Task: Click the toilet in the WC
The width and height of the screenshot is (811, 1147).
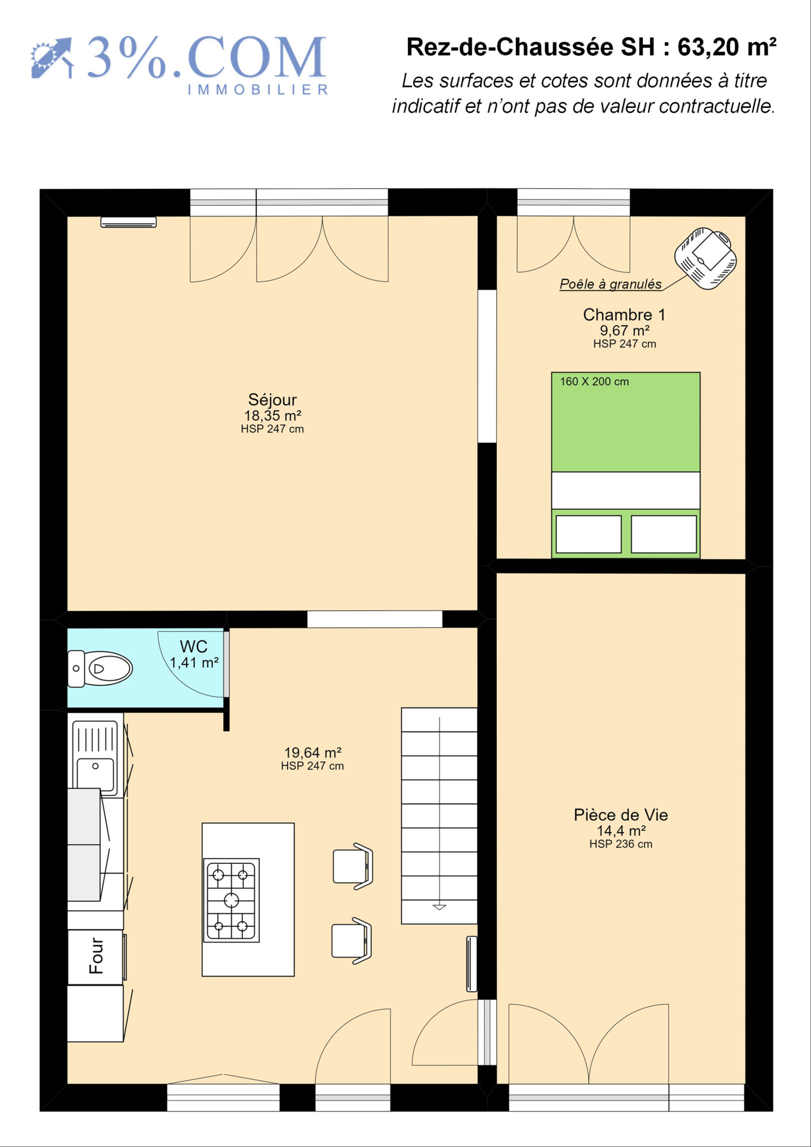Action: (100, 668)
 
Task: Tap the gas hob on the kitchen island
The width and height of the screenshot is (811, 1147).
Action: (231, 900)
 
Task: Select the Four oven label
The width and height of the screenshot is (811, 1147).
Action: (96, 956)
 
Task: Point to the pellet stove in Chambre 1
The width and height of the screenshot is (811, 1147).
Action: (705, 258)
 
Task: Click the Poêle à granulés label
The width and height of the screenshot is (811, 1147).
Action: (611, 284)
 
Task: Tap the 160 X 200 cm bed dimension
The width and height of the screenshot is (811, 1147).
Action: (594, 382)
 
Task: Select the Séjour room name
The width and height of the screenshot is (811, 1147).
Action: (273, 399)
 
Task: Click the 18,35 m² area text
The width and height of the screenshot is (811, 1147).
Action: (273, 416)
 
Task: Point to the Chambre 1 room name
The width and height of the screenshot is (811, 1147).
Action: (624, 314)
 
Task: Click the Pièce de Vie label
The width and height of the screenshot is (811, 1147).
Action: (621, 815)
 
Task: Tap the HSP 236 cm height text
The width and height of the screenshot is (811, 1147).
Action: (621, 844)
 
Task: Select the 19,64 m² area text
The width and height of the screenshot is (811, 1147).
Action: (312, 752)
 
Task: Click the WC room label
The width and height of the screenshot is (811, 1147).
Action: (194, 646)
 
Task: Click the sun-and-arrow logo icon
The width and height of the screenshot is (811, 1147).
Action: (52, 58)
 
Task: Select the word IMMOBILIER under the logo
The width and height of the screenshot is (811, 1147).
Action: (258, 90)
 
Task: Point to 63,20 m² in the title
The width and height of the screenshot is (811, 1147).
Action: (727, 47)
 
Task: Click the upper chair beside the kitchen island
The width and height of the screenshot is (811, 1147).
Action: (353, 866)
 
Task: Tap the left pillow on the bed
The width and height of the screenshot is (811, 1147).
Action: (589, 534)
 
